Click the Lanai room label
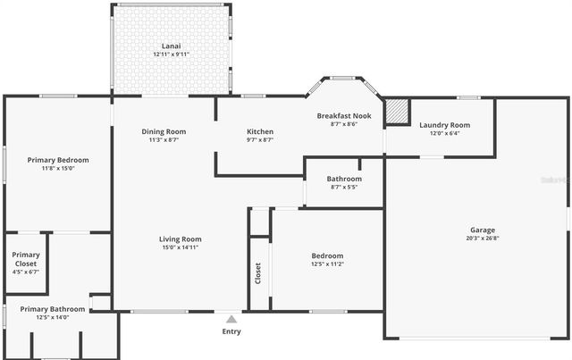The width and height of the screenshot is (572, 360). pyautogui.click(x=170, y=46)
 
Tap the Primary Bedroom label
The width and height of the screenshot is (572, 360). pyautogui.click(x=58, y=160)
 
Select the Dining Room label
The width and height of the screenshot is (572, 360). pyautogui.click(x=164, y=132)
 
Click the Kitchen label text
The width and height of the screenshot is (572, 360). pyautogui.click(x=260, y=132)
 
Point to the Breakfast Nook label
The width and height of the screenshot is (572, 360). pyautogui.click(x=344, y=116)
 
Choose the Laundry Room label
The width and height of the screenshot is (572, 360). pyautogui.click(x=444, y=125)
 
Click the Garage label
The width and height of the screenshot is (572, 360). pyautogui.click(x=483, y=230)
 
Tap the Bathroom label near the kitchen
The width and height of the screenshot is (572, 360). pyautogui.click(x=344, y=179)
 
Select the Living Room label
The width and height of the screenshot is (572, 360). pyautogui.click(x=181, y=239)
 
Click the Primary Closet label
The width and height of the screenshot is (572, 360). pyautogui.click(x=26, y=259)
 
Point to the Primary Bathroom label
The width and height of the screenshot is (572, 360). pyautogui.click(x=53, y=309)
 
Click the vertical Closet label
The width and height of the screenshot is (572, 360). pyautogui.click(x=258, y=272)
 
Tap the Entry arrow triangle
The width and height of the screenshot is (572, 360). pyautogui.click(x=231, y=319)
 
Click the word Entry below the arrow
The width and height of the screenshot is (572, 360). pyautogui.click(x=231, y=332)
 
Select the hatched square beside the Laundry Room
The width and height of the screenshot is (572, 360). pyautogui.click(x=397, y=111)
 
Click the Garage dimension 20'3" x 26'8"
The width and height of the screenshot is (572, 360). pyautogui.click(x=483, y=239)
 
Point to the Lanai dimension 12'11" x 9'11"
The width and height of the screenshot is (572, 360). pyautogui.click(x=171, y=54)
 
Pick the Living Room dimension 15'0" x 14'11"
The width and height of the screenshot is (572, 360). pyautogui.click(x=180, y=247)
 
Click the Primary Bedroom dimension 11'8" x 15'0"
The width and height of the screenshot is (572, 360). pyautogui.click(x=58, y=169)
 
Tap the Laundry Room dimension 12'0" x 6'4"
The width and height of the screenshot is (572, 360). pyautogui.click(x=444, y=134)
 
